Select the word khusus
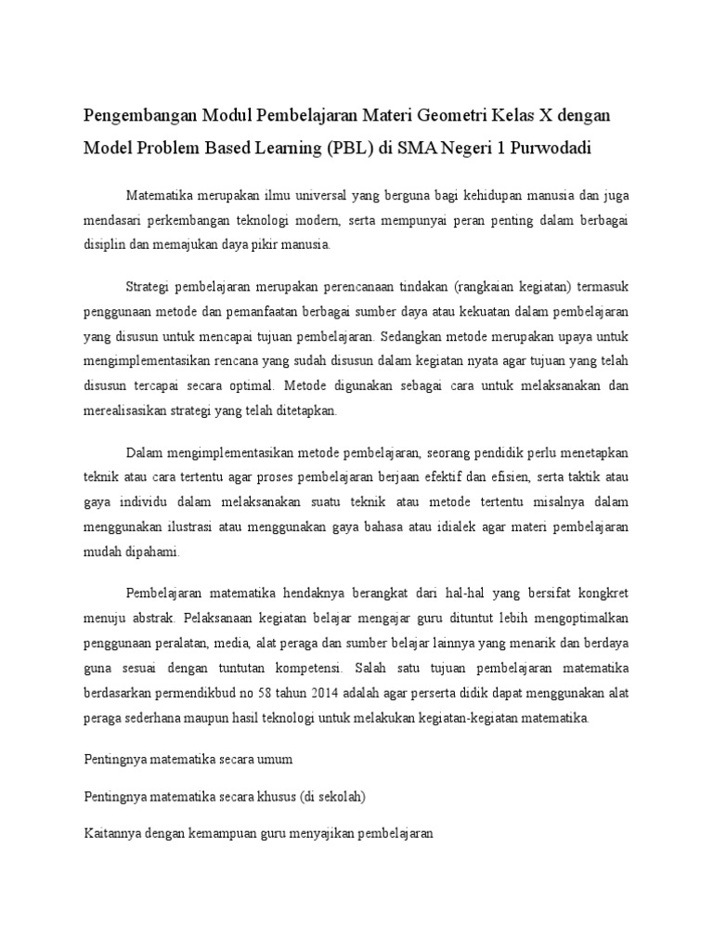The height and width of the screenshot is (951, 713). pyautogui.click(x=266, y=797)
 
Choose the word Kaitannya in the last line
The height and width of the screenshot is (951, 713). pyautogui.click(x=110, y=835)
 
